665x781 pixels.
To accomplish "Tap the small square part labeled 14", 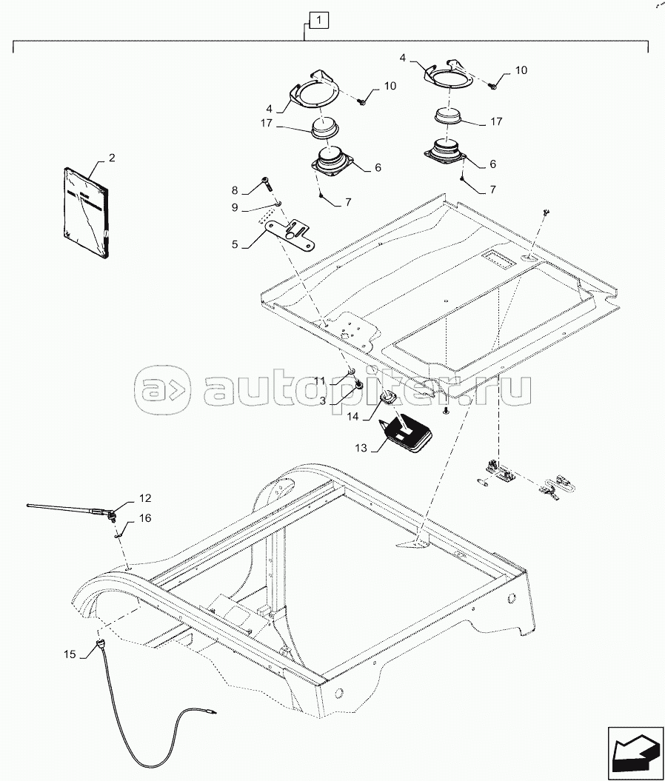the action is (387, 398).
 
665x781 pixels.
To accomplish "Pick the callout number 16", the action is (145, 518).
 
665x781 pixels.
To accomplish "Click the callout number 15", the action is (70, 654).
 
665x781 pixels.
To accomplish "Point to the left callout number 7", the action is (348, 202).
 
